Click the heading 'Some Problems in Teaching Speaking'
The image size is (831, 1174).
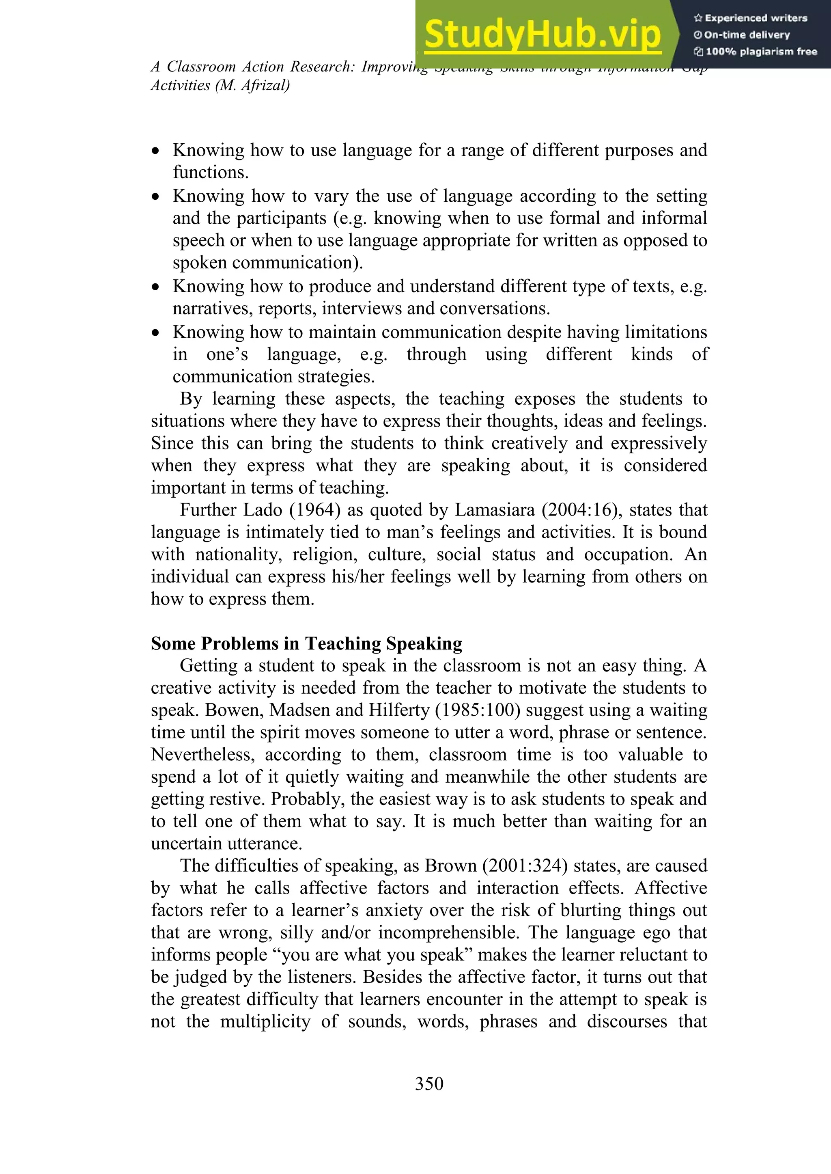[306, 643]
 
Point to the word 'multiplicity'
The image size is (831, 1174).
[265, 1021]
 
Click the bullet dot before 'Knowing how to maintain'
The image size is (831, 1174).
[155, 333]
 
